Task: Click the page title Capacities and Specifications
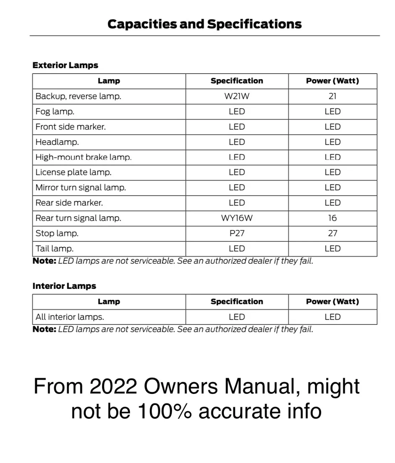[204, 24]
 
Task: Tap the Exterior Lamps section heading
[65, 65]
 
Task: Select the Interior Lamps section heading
[64, 286]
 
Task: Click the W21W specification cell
[237, 96]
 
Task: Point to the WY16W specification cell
[237, 218]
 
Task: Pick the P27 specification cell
[237, 233]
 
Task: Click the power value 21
[332, 96]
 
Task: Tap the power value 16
[332, 218]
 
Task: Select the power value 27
[332, 233]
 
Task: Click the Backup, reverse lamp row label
[78, 96]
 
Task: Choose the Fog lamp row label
[55, 111]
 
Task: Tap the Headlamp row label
[57, 142]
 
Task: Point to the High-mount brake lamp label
[83, 157]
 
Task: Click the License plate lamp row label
[73, 172]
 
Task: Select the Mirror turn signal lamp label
[80, 188]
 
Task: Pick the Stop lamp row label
[57, 233]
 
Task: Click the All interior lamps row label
[70, 317]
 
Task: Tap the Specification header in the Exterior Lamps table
[237, 81]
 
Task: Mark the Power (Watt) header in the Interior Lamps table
[332, 302]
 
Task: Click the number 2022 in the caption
[113, 386]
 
